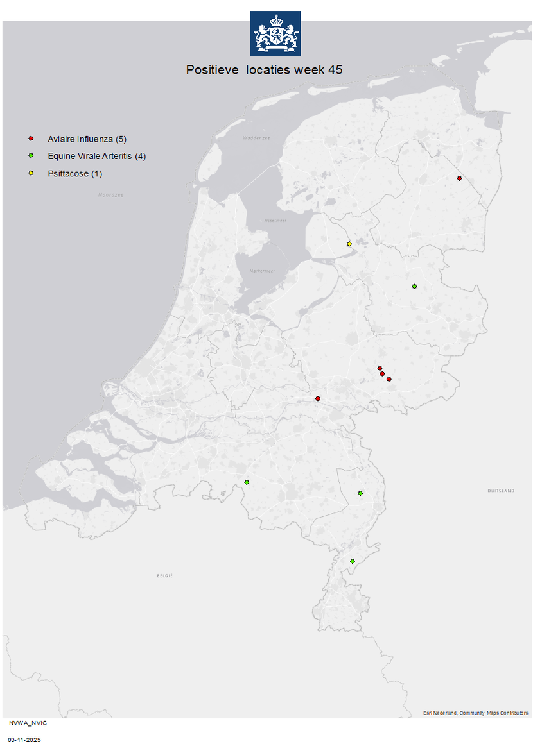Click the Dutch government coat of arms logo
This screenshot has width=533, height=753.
tap(275, 33)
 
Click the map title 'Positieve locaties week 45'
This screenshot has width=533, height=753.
tap(264, 70)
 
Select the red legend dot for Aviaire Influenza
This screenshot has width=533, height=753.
tap(31, 139)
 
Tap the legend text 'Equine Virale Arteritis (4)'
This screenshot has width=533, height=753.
tap(96, 156)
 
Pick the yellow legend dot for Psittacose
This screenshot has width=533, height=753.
tap(31, 173)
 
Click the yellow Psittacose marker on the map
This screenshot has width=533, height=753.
tap(349, 244)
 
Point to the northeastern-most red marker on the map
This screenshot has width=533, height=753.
tap(459, 178)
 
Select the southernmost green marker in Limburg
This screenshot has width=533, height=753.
tap(353, 561)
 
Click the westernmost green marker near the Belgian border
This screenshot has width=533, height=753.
tap(247, 482)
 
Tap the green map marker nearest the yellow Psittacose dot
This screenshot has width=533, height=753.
tap(414, 286)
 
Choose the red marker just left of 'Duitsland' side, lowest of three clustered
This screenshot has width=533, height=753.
tap(389, 379)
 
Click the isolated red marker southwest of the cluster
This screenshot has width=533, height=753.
tap(318, 399)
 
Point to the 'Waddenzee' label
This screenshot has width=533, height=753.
tap(256, 138)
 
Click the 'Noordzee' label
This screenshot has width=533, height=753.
tap(110, 194)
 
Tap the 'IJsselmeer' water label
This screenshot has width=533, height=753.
tap(275, 220)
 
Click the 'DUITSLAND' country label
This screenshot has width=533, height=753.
tap(501, 491)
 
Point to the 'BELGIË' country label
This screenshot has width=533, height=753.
tap(165, 575)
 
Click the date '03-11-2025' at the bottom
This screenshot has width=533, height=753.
tap(24, 740)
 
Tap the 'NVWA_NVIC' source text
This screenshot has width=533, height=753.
tap(28, 723)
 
